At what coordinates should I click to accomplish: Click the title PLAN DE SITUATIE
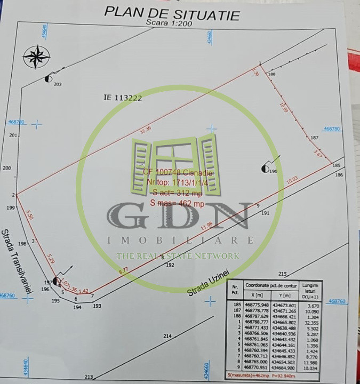[x=172, y=13]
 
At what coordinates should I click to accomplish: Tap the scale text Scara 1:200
[x=169, y=23]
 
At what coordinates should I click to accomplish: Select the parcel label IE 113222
[x=123, y=98]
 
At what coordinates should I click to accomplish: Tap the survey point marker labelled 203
[x=49, y=78]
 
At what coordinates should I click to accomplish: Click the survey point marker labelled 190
[x=265, y=169]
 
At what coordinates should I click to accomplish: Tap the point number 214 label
[x=167, y=336]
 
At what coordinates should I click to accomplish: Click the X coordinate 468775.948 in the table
[x=255, y=306]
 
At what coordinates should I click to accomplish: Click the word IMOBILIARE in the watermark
[x=180, y=240]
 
